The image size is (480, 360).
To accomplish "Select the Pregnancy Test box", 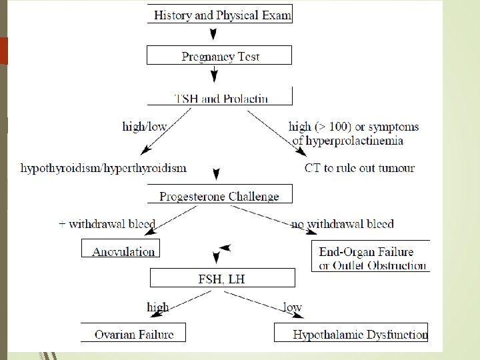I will [x=220, y=55].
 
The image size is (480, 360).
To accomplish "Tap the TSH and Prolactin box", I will [x=220, y=98].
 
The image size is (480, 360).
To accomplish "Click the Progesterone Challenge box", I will [x=219, y=195].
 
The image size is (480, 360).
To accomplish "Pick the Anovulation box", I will [x=122, y=250].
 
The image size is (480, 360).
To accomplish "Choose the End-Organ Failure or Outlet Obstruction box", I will [x=371, y=257].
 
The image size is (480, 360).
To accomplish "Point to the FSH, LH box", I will [x=222, y=278].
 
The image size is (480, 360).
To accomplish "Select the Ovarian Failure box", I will [x=133, y=333].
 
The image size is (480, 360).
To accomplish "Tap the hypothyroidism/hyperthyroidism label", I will [x=103, y=167].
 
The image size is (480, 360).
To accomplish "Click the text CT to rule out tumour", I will [x=359, y=167].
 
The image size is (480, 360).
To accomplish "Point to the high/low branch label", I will [x=145, y=126].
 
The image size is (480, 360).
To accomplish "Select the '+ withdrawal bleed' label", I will [x=107, y=224].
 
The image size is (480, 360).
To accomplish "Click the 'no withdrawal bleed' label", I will [x=342, y=224].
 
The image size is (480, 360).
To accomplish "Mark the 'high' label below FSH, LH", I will [x=157, y=307].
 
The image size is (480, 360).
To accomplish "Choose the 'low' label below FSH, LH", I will [x=292, y=307].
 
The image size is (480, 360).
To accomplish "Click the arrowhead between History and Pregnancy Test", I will [x=213, y=33].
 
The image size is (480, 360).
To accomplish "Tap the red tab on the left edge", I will [x=3, y=51].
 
